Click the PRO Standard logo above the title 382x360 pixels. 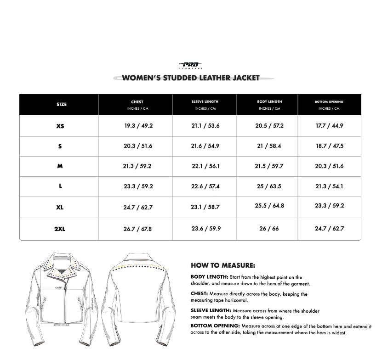(x=190, y=65)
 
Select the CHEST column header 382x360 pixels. (x=137, y=102)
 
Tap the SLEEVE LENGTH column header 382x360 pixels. (x=205, y=101)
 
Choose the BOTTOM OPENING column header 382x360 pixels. (x=329, y=101)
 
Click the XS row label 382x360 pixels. (x=60, y=126)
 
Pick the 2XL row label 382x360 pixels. (x=60, y=229)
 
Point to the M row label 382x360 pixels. (x=60, y=166)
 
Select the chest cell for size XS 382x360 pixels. (x=138, y=126)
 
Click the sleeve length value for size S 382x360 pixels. (x=205, y=146)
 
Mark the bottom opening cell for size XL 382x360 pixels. (x=329, y=206)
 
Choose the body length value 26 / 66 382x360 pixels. (x=269, y=229)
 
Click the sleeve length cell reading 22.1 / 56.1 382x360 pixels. (x=205, y=166)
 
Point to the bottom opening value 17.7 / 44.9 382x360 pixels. (x=329, y=126)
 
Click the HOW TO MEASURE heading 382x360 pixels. (x=223, y=265)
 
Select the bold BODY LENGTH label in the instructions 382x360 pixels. (x=209, y=277)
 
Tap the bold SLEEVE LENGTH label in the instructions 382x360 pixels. (x=211, y=311)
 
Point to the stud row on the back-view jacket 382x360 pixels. (x=143, y=266)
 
